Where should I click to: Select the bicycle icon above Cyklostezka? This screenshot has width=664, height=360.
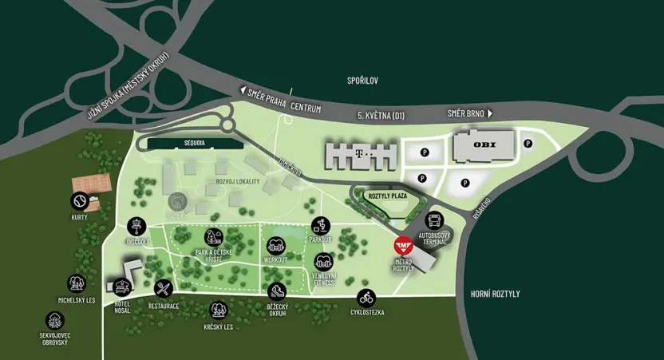pos(366,299)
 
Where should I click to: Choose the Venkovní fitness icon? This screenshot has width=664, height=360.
pos(323,262)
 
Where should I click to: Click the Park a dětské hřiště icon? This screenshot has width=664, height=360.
pos(213,237)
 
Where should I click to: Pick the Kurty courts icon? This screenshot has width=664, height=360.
pos(79,200)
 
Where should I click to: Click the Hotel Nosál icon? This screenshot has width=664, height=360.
pos(121,286)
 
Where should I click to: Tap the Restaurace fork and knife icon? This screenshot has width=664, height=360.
pos(164,288)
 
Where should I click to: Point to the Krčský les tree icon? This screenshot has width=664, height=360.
pos(217,310)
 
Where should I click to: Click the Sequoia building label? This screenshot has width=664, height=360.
pos(194,143)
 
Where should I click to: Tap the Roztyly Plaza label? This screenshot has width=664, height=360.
pos(387,195)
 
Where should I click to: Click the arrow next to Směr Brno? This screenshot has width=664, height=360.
pos(489,113)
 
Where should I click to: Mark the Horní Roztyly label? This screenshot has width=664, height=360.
pos(496,294)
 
